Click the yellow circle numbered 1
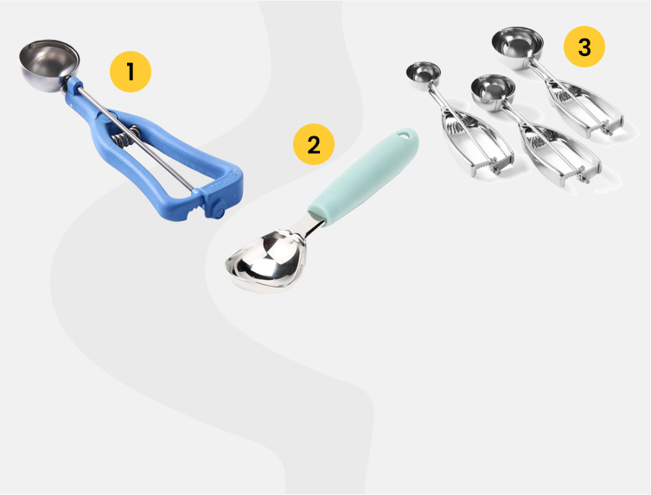[131, 72]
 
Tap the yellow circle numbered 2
[314, 144]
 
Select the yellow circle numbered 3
[584, 47]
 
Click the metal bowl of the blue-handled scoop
[49, 65]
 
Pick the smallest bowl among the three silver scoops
[423, 75]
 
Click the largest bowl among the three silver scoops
[517, 47]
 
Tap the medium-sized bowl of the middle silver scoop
[493, 92]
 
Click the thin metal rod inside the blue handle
[136, 136]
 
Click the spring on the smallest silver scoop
[461, 124]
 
